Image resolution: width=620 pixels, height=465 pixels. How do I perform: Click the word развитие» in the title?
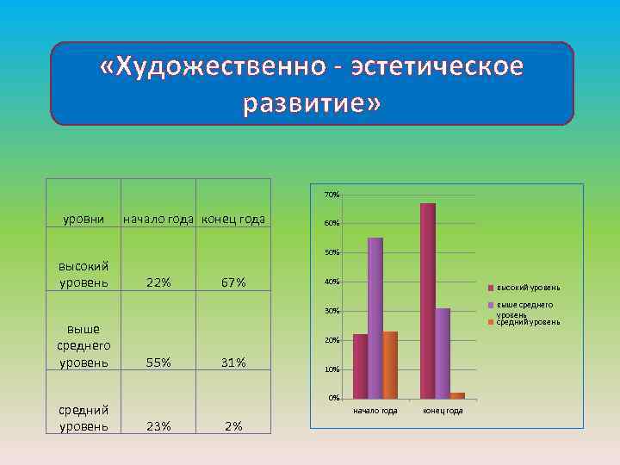[311, 103]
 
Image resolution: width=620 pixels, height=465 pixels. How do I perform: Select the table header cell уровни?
[84, 219]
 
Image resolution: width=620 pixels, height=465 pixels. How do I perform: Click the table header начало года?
[160, 219]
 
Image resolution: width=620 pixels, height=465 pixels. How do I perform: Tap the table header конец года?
[233, 219]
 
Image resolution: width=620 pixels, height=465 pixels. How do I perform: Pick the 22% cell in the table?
[158, 282]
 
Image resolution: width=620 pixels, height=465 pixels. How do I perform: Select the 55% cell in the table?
[158, 363]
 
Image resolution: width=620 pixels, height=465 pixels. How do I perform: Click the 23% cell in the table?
[158, 425]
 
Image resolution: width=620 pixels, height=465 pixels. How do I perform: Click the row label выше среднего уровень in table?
[84, 345]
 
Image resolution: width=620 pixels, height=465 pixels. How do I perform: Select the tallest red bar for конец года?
[428, 301]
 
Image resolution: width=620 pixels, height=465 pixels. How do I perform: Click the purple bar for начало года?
[375, 319]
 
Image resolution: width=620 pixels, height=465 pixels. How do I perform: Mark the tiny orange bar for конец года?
[457, 395]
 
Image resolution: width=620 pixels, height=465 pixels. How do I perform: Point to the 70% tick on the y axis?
[332, 195]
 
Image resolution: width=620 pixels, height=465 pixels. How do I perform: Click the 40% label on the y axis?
[332, 282]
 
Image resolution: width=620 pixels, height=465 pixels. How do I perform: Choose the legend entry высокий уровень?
[528, 287]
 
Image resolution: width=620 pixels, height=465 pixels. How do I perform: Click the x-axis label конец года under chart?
[443, 411]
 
